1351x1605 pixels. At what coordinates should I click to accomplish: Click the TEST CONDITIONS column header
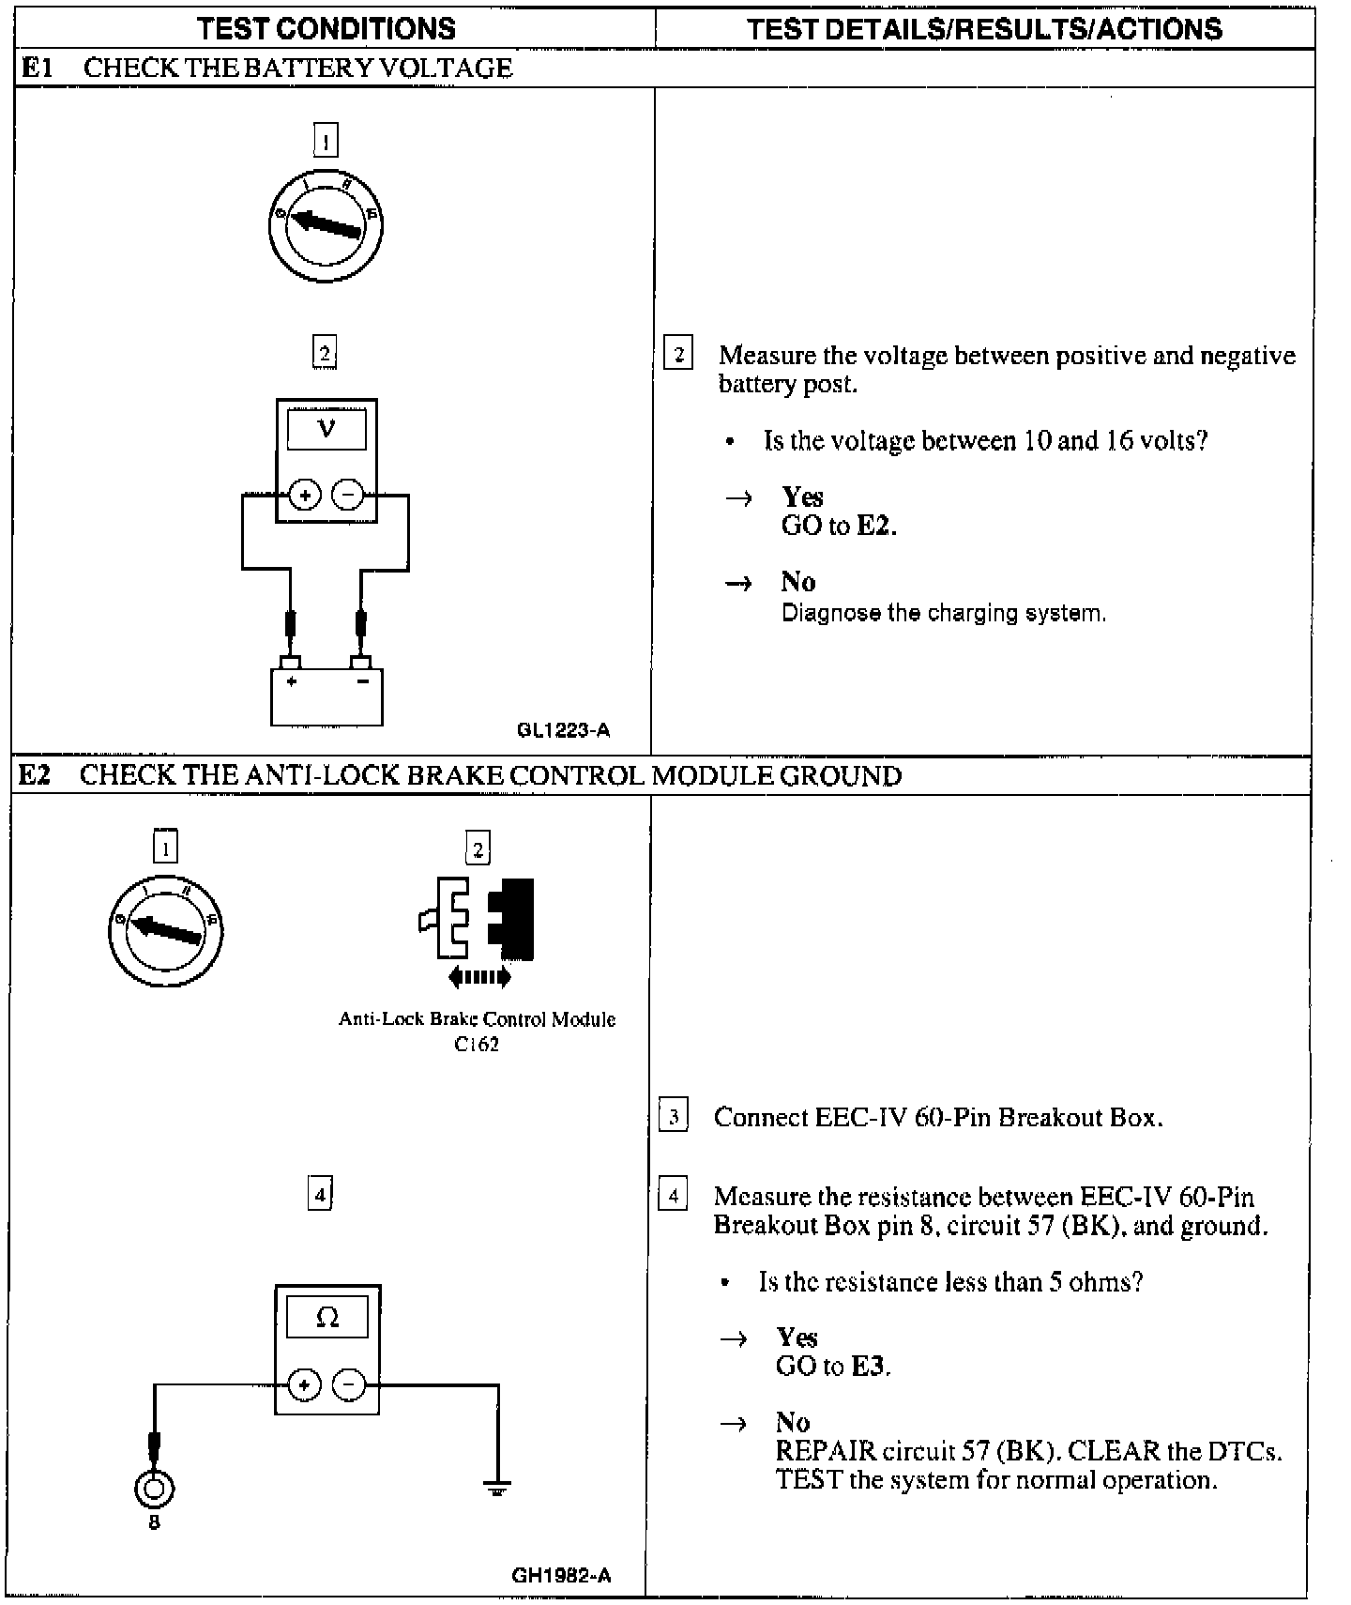(x=326, y=28)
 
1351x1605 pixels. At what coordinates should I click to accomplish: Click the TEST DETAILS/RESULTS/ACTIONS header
(x=984, y=28)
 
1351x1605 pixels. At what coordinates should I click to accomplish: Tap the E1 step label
(x=38, y=68)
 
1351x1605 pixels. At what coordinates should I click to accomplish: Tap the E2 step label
(x=36, y=775)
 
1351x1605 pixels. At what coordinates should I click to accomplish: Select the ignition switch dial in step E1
(x=326, y=225)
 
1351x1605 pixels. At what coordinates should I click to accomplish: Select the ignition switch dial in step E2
(x=165, y=930)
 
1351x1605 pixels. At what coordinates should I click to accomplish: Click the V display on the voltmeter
(x=326, y=430)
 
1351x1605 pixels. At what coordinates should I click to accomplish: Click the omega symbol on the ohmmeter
(x=327, y=1318)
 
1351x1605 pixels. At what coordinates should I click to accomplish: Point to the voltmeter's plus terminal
(x=304, y=495)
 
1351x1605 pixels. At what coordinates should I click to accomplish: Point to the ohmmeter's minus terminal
(x=349, y=1384)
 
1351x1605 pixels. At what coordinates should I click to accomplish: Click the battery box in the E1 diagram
(x=326, y=695)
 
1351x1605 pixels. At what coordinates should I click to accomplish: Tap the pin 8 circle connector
(x=155, y=1488)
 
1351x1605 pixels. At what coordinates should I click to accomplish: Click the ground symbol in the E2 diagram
(x=497, y=1488)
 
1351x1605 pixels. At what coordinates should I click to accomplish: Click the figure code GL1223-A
(x=563, y=730)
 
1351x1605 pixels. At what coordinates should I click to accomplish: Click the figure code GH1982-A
(x=561, y=1575)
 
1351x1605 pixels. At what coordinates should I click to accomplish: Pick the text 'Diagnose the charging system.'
(x=944, y=613)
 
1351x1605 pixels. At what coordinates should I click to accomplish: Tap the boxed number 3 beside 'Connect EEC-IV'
(x=673, y=1117)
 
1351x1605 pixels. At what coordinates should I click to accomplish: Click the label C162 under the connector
(x=477, y=1044)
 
